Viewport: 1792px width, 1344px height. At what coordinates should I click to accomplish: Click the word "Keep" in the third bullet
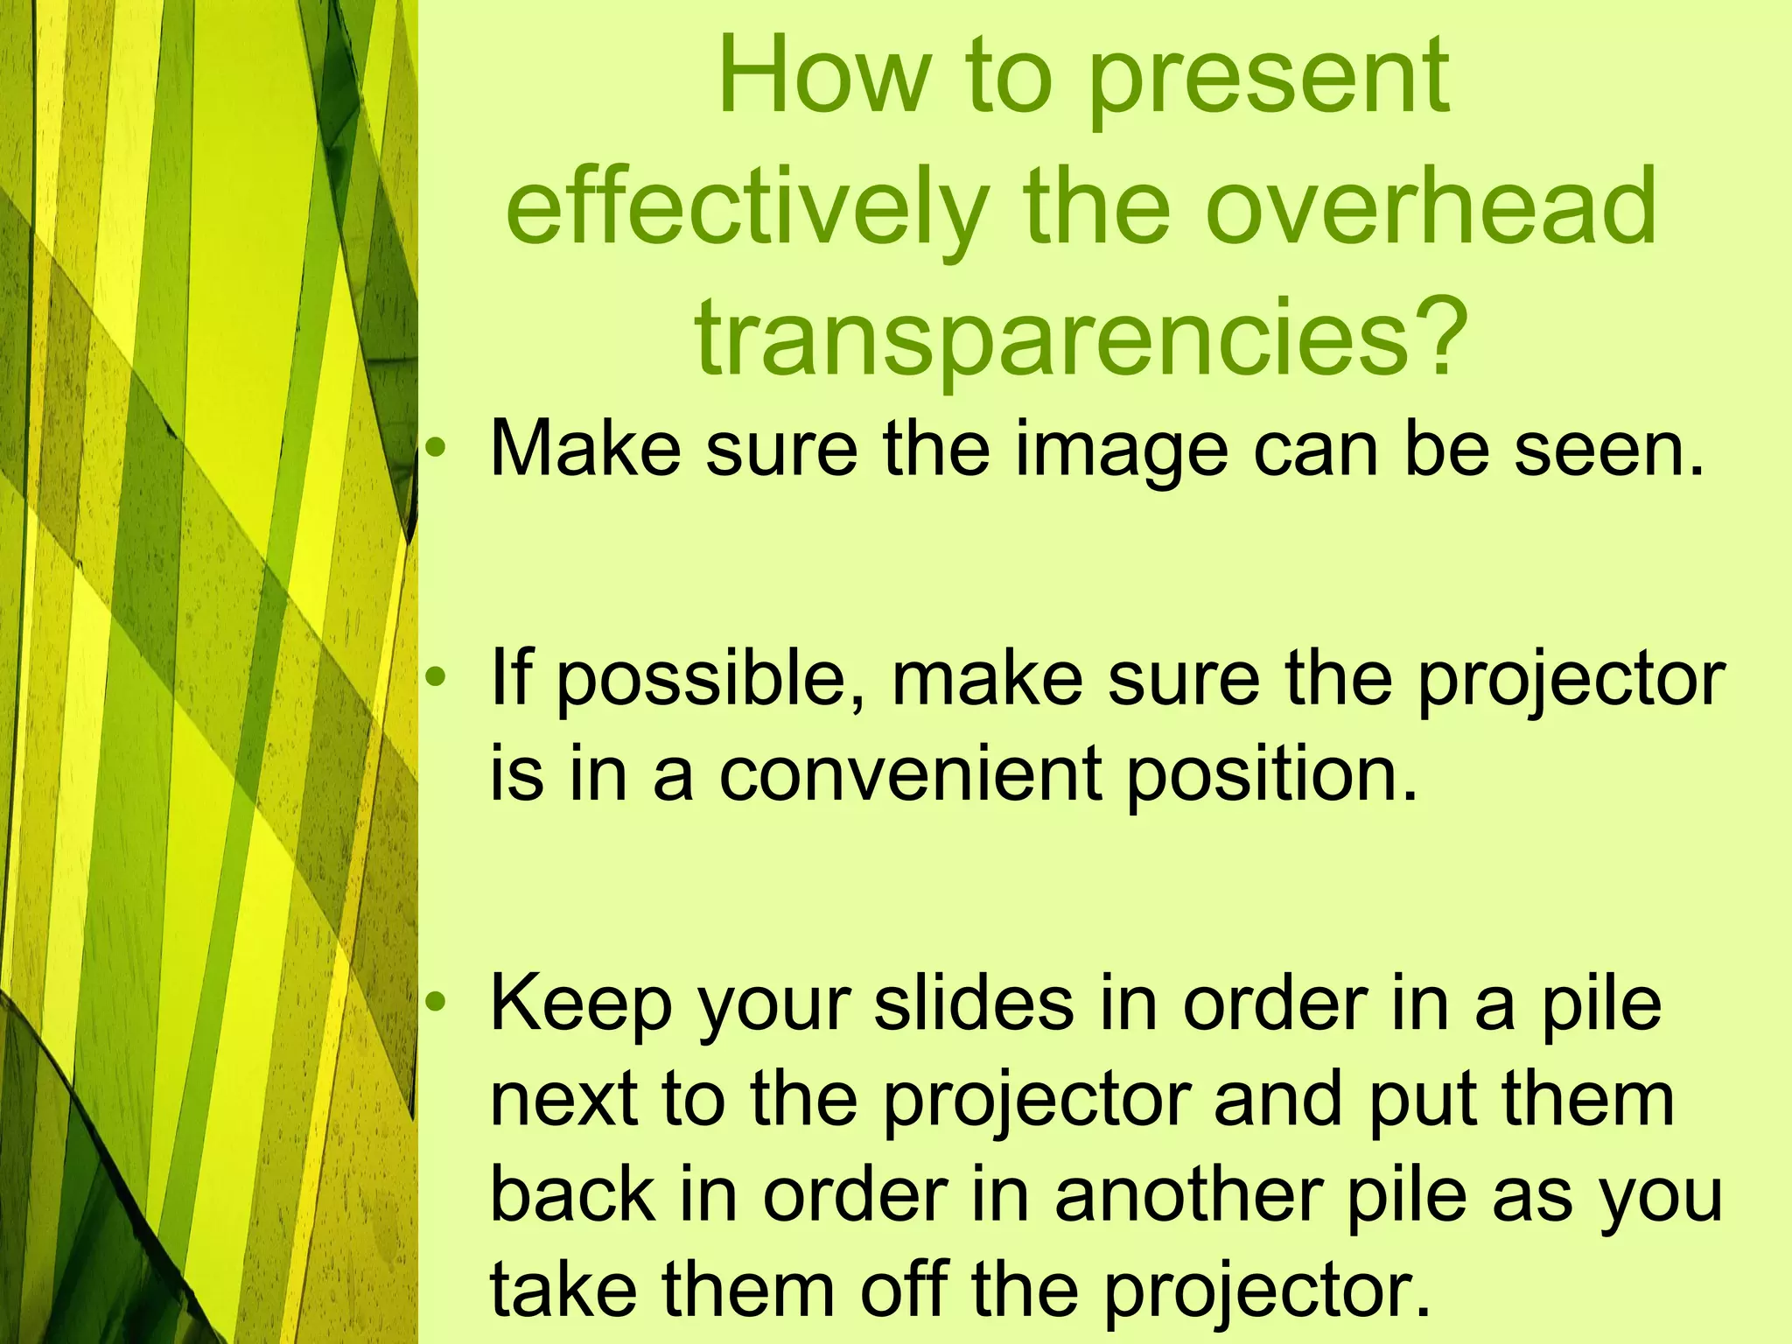582,1006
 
